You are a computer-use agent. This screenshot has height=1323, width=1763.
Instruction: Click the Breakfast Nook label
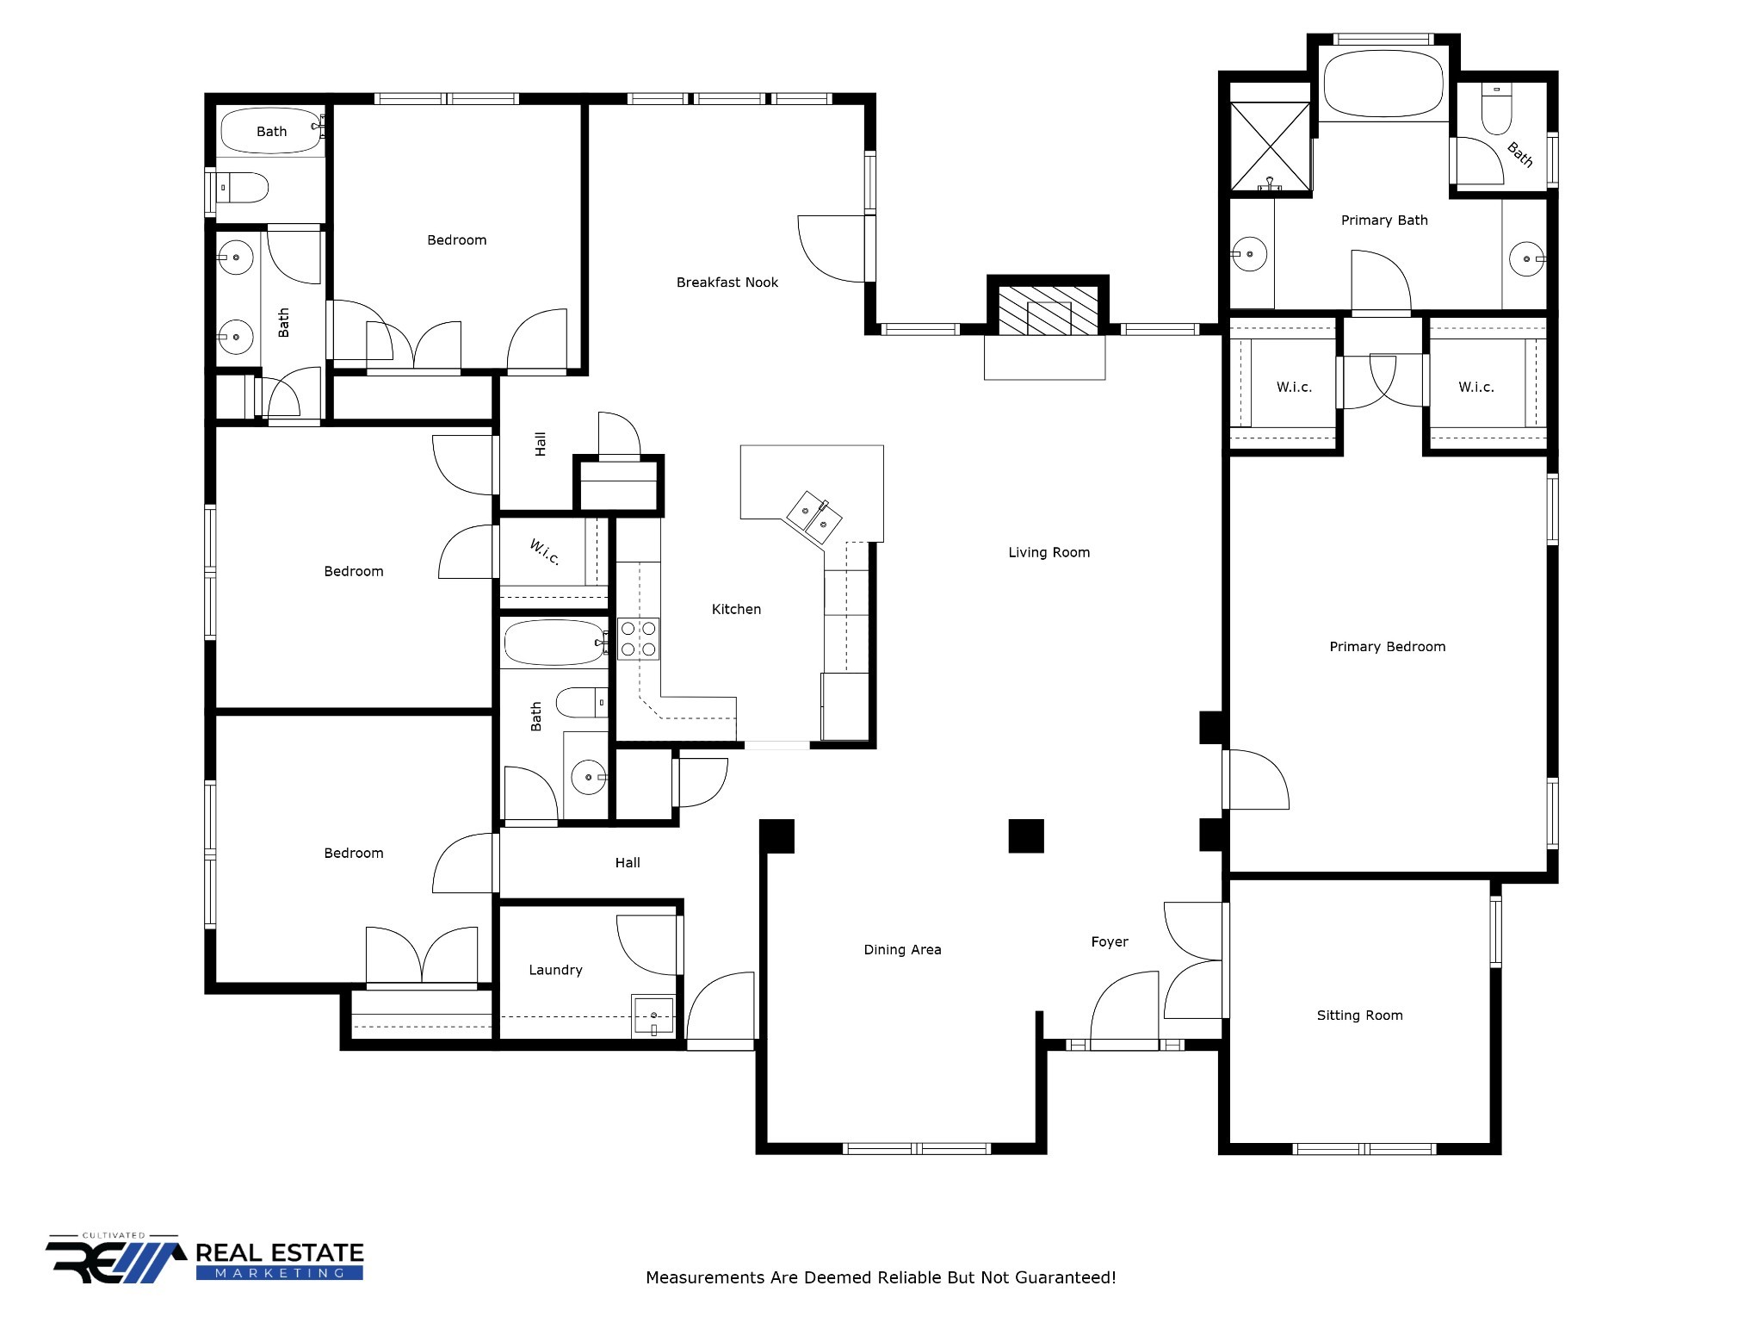[x=727, y=283]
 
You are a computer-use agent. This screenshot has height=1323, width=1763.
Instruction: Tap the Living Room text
[x=1049, y=553]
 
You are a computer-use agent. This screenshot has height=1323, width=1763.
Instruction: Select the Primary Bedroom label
[x=1387, y=647]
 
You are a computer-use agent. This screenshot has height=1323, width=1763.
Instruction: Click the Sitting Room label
[x=1359, y=1016]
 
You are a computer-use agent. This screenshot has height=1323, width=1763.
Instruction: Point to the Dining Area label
[x=902, y=950]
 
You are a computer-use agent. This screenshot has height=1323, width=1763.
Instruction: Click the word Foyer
[x=1109, y=942]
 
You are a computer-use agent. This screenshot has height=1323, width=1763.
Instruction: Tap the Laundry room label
[x=555, y=970]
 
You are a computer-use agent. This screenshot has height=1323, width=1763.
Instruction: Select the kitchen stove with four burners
[x=638, y=639]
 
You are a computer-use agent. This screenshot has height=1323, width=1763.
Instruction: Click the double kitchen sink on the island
[x=813, y=516]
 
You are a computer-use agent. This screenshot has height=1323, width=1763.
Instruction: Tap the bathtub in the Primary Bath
[x=1383, y=84]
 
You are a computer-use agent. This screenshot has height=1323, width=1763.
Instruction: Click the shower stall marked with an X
[x=1270, y=146]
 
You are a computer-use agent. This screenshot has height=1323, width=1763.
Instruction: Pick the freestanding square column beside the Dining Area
[x=1026, y=835]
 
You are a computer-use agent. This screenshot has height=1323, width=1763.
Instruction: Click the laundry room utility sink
[x=653, y=1016]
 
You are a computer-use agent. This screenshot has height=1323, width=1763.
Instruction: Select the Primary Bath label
[x=1383, y=220]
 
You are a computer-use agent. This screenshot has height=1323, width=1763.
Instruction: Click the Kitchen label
[x=736, y=610]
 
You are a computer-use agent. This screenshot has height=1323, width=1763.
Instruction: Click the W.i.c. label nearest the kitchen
[x=544, y=552]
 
